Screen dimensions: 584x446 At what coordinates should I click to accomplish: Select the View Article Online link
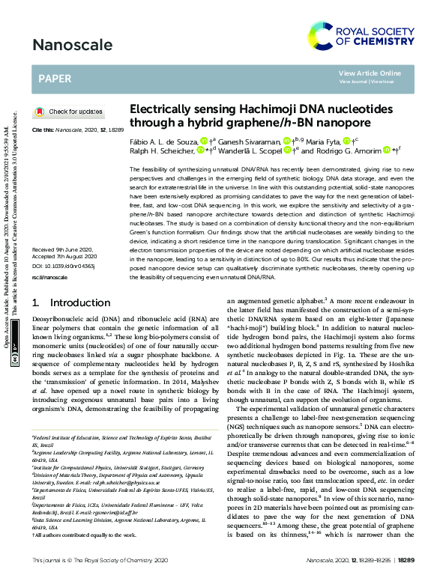coord(369,73)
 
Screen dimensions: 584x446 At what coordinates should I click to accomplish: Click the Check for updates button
coord(70,112)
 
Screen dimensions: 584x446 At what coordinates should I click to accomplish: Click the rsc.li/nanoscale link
coord(49,277)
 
